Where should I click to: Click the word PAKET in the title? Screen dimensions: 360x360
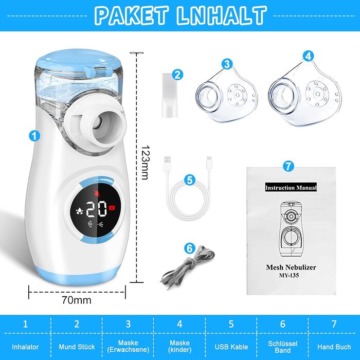pos(132,15)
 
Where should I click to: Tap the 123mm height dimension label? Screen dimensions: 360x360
pos(145,163)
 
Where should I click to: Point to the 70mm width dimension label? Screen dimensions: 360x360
pos(77,300)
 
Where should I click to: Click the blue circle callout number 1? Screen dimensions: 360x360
pos(34,136)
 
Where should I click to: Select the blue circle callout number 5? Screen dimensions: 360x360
pos(190,180)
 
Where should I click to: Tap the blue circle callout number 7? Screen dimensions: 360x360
pos(289,166)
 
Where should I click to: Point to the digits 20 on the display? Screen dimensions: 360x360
pos(97,209)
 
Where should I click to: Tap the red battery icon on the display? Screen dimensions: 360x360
pos(112,208)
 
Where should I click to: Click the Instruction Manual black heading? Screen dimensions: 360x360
pos(291,188)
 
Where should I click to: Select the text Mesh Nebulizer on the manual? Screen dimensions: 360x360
pos(291,267)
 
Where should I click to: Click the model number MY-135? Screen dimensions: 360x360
pos(289,275)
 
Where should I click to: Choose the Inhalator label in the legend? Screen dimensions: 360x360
pos(25,347)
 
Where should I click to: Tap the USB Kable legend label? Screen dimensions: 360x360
pos(231,347)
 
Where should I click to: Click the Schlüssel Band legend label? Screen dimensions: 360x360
pos(283,347)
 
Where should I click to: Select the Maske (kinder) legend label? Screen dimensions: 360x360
pos(180,346)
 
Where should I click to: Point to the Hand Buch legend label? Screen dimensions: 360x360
pos(334,347)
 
